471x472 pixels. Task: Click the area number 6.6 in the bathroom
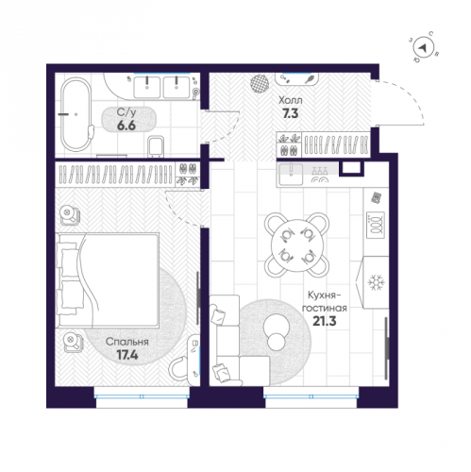[x=126, y=126]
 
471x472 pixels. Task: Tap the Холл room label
[x=291, y=100]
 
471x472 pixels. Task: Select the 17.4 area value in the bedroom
[x=127, y=355]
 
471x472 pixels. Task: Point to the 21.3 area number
[x=325, y=321]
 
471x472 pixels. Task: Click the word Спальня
[x=127, y=342]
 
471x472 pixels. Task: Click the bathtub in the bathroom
[x=76, y=114]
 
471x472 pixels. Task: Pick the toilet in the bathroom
[x=156, y=146]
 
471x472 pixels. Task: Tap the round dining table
[x=297, y=245]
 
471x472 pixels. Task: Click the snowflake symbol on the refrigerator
[x=375, y=282]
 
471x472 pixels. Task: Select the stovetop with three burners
[x=376, y=226]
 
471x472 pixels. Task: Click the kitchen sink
[x=291, y=174]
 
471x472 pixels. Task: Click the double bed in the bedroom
[x=108, y=280]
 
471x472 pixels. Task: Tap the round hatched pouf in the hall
[x=260, y=83]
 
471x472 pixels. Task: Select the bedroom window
[x=142, y=396]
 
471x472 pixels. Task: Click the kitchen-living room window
[x=311, y=396]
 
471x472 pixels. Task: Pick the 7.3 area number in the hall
[x=291, y=113]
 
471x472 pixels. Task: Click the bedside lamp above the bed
[x=70, y=215]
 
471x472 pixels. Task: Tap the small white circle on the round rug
[x=277, y=342]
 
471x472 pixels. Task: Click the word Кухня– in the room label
[x=325, y=295]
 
